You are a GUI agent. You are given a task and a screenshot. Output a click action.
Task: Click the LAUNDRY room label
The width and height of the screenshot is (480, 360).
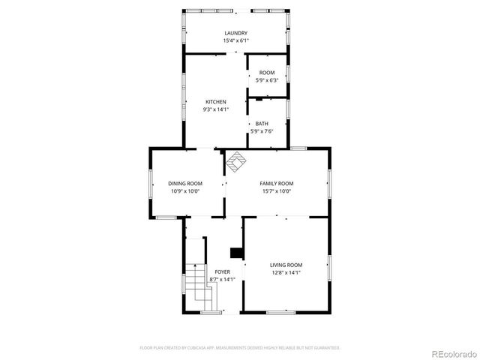[x=236, y=33]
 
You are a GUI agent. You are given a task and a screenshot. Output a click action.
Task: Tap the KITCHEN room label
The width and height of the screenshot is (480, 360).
[x=216, y=102]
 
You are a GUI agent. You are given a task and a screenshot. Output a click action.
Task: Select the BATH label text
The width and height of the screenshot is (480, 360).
[x=261, y=124]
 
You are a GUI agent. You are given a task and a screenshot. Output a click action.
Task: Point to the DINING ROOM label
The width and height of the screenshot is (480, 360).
[x=184, y=184]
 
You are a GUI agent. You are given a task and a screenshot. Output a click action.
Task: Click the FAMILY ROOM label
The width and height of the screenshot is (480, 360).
[x=276, y=184]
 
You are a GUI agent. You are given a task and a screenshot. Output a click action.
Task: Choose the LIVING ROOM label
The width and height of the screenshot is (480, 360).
[x=286, y=265]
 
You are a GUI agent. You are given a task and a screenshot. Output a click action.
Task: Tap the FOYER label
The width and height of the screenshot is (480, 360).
[x=223, y=271]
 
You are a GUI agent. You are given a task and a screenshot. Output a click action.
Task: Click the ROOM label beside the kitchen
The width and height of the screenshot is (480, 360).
[x=267, y=73]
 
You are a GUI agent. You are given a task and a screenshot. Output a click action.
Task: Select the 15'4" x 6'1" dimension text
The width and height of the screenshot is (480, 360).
[x=236, y=40]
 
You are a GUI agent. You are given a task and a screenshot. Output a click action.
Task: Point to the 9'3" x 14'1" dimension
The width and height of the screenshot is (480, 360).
[x=216, y=109]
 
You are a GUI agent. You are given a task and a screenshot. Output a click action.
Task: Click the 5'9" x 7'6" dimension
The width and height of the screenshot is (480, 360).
[x=261, y=131]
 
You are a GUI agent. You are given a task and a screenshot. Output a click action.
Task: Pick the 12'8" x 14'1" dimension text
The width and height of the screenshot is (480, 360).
[x=286, y=272]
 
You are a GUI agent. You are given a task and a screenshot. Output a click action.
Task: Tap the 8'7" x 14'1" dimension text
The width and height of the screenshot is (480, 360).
[x=223, y=279]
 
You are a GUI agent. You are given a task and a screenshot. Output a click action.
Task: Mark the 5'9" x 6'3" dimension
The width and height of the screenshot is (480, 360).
[x=267, y=80]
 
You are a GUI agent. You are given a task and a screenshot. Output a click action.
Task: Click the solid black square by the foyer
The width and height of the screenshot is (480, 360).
[x=235, y=253]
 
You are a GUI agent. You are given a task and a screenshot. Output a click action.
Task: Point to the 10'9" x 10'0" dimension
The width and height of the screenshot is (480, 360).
[x=184, y=191]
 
